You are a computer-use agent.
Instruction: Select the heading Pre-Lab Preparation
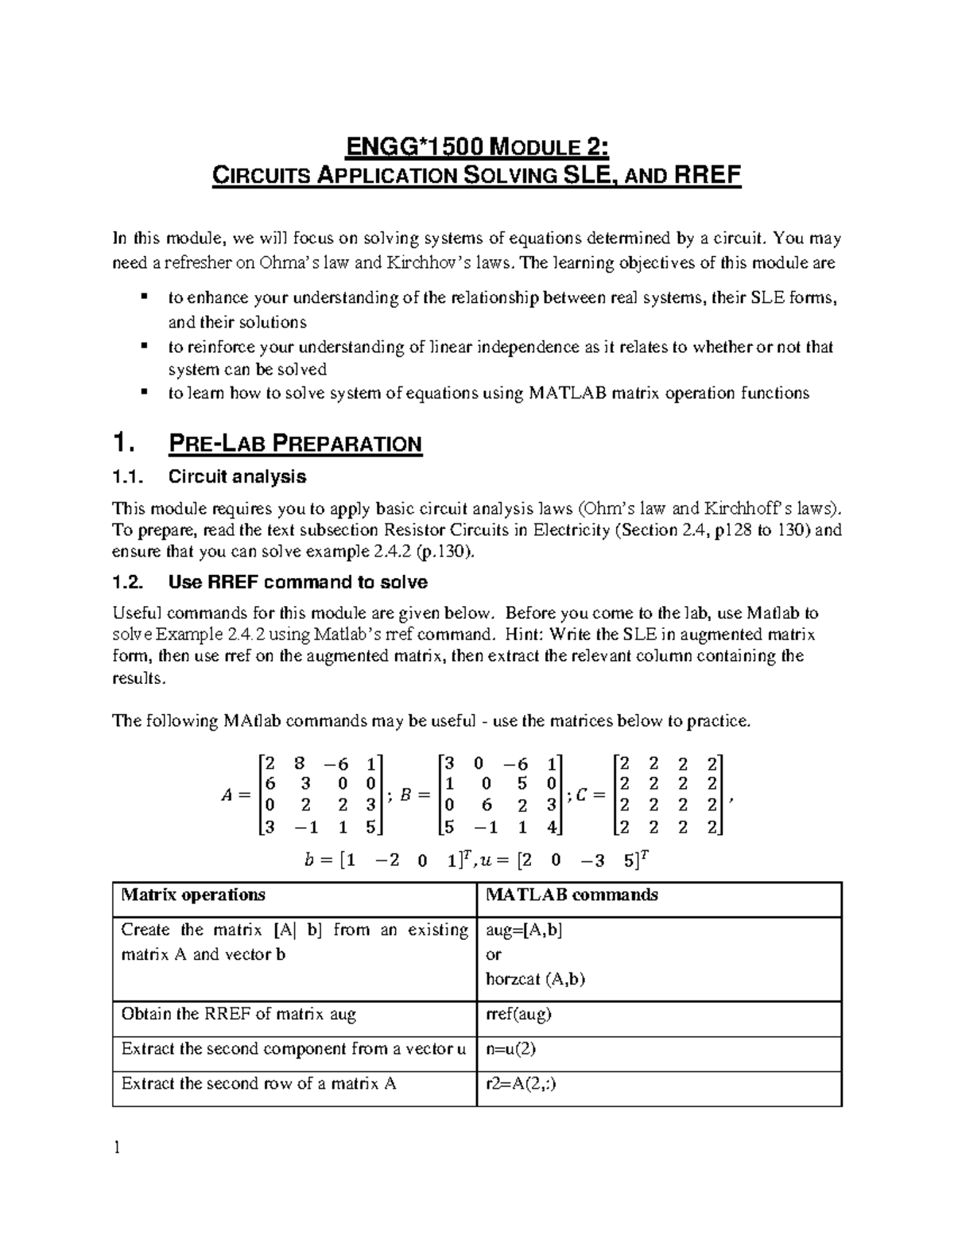295,444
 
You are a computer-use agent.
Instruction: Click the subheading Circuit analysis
237,477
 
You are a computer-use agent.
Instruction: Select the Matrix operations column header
193,895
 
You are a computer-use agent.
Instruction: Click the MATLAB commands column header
572,895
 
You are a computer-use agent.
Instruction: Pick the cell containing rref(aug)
518,1014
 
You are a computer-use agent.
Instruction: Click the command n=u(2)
510,1049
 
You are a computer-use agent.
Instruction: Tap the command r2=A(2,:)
521,1083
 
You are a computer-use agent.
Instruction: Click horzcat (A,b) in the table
535,979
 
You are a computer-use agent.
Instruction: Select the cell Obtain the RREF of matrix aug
238,1014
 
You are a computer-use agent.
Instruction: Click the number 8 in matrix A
299,763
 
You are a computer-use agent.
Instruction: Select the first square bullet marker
144,297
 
